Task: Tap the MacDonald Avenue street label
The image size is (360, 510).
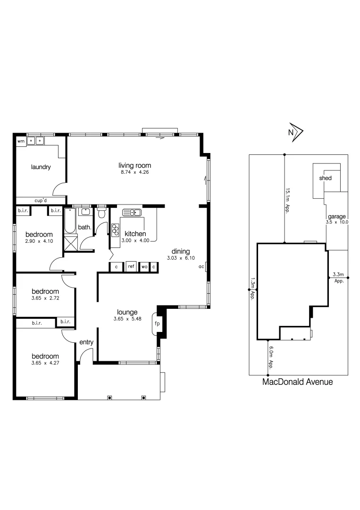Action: [x=297, y=382]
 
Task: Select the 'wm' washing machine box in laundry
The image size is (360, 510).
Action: [x=21, y=141]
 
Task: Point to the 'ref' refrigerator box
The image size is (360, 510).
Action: [x=131, y=267]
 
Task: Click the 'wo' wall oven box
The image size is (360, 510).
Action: [x=144, y=267]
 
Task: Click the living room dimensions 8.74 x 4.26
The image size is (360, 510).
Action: [x=134, y=173]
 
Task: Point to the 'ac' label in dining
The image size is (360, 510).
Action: [x=201, y=267]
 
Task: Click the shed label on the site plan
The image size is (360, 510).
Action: [x=325, y=178]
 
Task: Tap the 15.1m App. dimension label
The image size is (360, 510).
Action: [x=287, y=201]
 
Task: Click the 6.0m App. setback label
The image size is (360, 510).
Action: [x=271, y=358]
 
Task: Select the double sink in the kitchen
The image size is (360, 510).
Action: [x=132, y=212]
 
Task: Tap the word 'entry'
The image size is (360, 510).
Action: [x=86, y=342]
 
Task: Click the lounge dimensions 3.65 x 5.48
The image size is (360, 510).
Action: [x=127, y=319]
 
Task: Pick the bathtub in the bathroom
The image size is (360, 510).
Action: [x=70, y=221]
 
